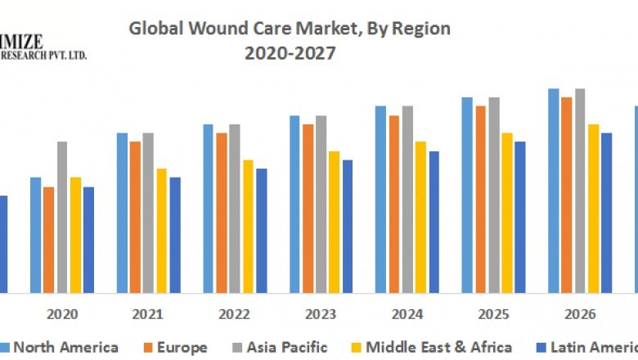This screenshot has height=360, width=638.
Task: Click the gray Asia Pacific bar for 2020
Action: pyautogui.click(x=62, y=217)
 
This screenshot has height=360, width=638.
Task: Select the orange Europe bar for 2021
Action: pyautogui.click(x=135, y=217)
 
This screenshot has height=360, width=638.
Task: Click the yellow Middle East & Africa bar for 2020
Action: pyautogui.click(x=75, y=235)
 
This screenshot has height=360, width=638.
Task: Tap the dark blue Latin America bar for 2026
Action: pyautogui.click(x=606, y=213)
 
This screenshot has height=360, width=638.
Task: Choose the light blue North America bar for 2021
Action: pyautogui.click(x=122, y=213)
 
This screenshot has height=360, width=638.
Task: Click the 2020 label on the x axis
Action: pyautogui.click(x=62, y=314)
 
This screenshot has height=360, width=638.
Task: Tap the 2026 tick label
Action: pyautogui.click(x=580, y=314)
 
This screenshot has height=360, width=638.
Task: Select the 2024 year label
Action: pyautogui.click(x=407, y=314)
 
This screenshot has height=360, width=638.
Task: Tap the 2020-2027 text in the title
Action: pyautogui.click(x=290, y=54)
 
